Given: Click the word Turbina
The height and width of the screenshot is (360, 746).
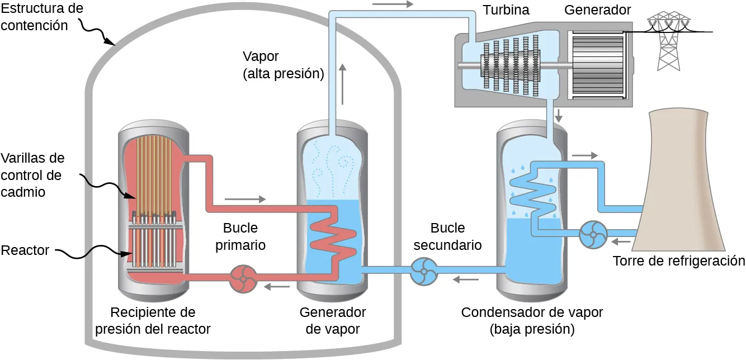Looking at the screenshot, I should [506, 10].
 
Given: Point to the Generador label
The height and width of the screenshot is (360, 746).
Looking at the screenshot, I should [597, 10].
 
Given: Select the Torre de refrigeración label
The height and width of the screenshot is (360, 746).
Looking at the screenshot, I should [678, 261].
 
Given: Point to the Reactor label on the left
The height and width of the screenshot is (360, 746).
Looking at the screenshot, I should [25, 250].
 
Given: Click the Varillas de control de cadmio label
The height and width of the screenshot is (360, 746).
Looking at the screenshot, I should [32, 175].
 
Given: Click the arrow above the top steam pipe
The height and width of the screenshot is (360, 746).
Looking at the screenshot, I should [393, 4].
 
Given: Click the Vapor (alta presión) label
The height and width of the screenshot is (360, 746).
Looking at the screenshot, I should [284, 65].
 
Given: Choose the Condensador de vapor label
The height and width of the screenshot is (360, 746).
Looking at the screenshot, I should [532, 320].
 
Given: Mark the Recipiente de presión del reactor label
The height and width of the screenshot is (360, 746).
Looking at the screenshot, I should [153, 320].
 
